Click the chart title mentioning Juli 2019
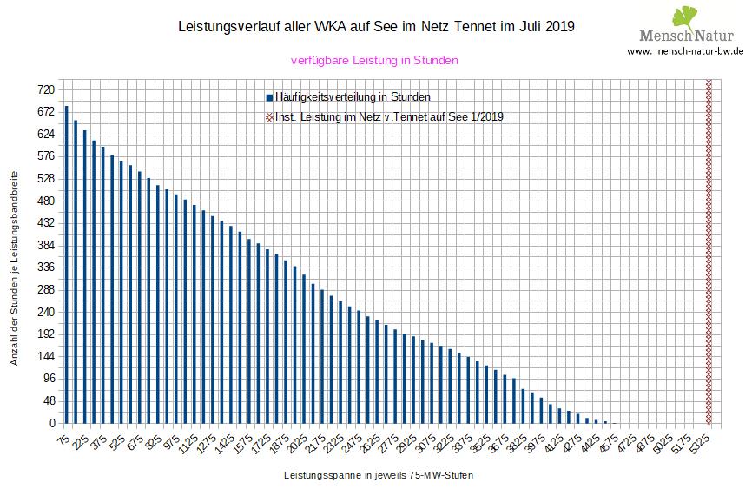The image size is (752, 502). pyautogui.click(x=375, y=27)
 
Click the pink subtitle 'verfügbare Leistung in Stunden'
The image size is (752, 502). pyautogui.click(x=374, y=61)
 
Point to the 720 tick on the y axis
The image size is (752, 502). pyautogui.click(x=45, y=90)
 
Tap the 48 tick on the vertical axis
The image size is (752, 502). pyautogui.click(x=48, y=401)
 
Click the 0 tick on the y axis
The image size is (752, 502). pyautogui.click(x=52, y=424)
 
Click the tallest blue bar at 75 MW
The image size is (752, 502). pyautogui.click(x=67, y=265)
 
